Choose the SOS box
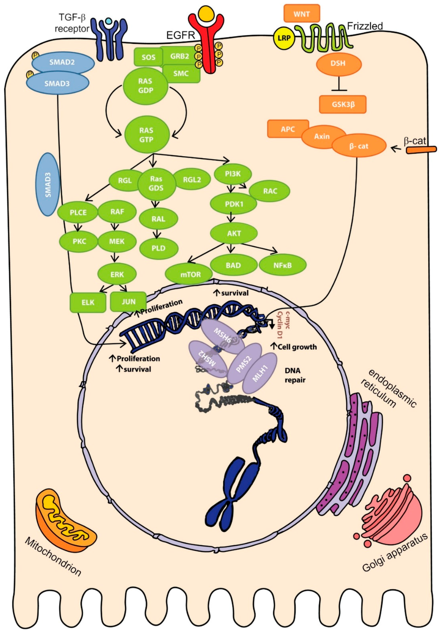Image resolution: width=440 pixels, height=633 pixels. [148, 57]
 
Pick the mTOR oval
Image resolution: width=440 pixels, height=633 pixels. [189, 274]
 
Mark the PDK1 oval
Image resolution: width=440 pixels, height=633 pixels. [233, 204]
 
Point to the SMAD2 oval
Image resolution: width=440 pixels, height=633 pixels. [63, 62]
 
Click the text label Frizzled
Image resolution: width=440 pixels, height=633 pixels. [364, 26]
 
